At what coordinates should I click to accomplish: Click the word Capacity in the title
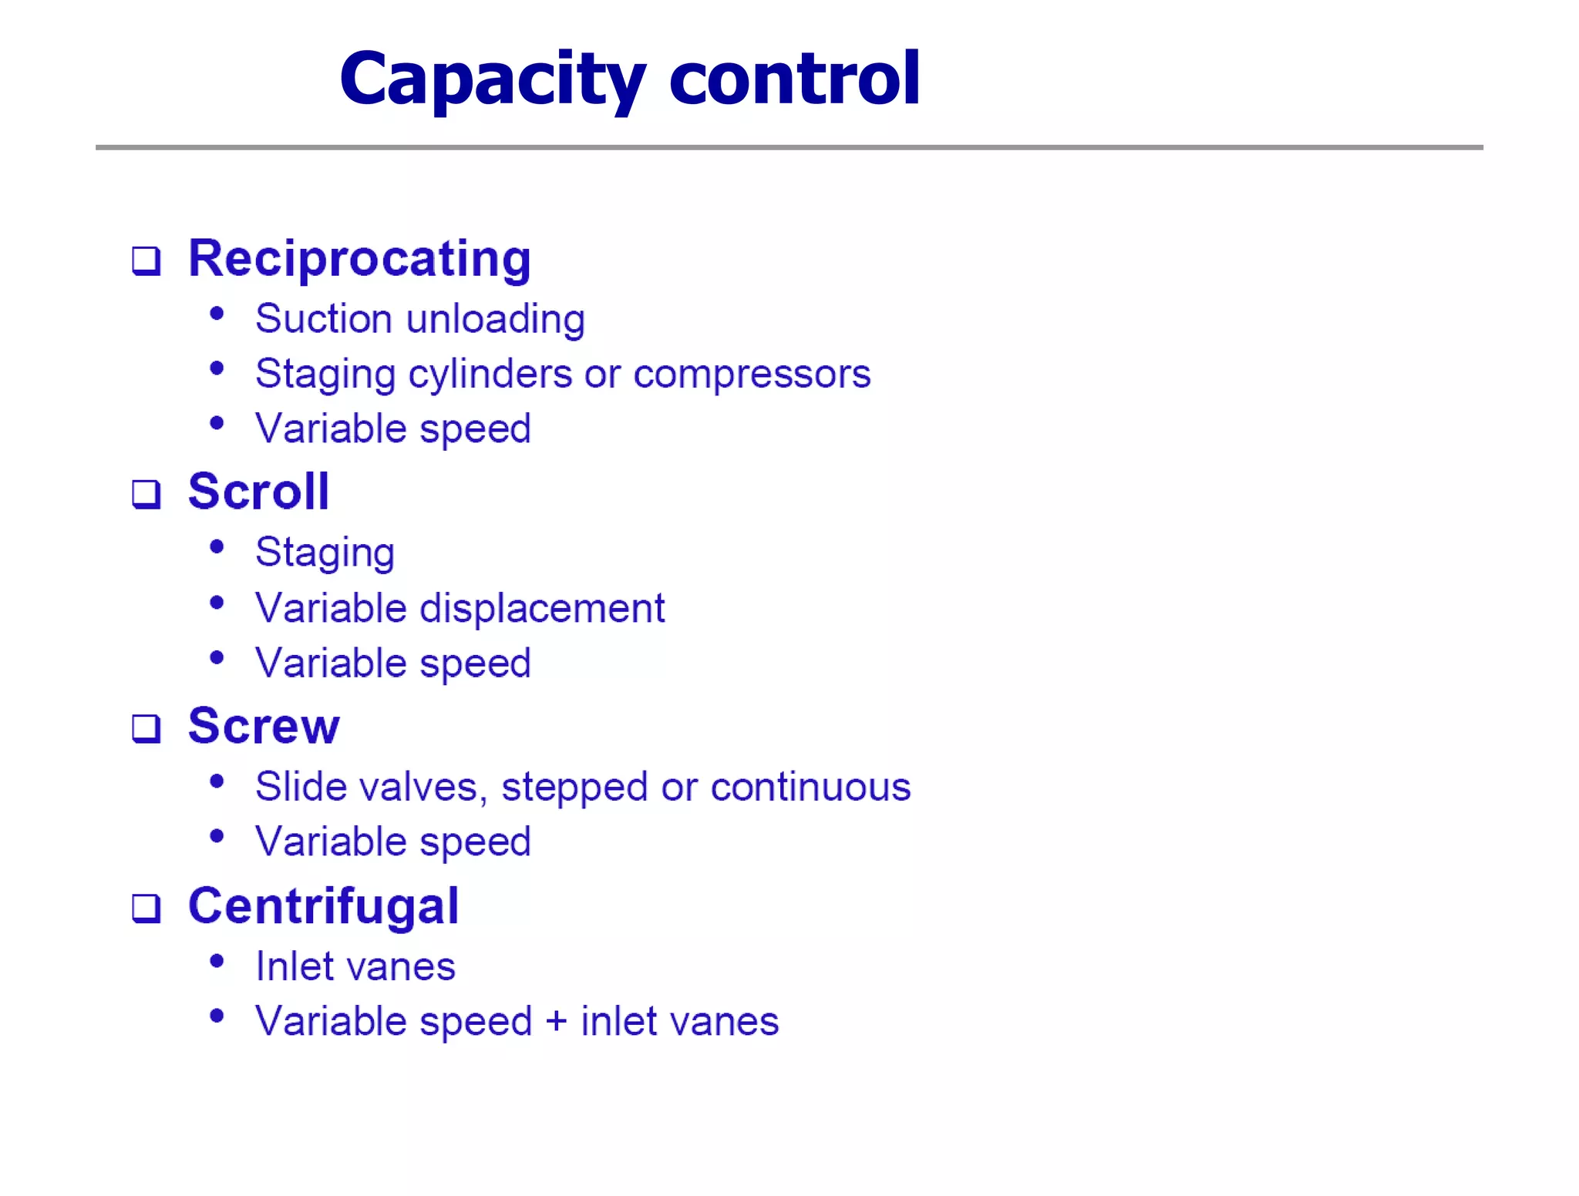tap(492, 79)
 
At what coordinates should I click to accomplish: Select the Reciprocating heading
tap(360, 259)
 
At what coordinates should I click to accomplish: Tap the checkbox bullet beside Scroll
tap(146, 494)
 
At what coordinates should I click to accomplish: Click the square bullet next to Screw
tap(146, 728)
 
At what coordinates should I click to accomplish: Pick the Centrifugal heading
tap(324, 907)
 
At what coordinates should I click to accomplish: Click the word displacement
tap(542, 609)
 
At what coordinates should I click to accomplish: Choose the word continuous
tap(810, 788)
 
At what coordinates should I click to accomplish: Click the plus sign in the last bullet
tap(556, 1023)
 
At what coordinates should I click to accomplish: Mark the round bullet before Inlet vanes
tap(217, 961)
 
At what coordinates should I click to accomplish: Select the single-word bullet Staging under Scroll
tap(325, 553)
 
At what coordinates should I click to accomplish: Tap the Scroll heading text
tap(259, 492)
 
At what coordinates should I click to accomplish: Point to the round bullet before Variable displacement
tap(217, 603)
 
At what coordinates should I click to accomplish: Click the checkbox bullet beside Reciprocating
tap(146, 261)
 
